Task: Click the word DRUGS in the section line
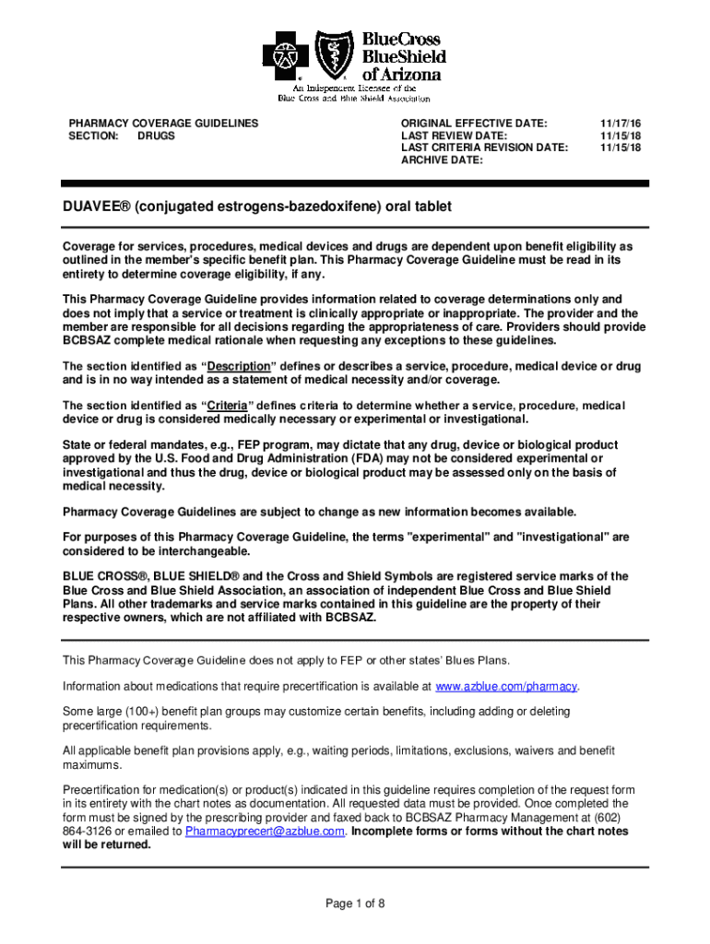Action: coord(156,136)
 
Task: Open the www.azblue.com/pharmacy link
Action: coord(506,687)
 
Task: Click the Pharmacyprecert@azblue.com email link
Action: coord(265,831)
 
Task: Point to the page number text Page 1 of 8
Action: coord(355,903)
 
